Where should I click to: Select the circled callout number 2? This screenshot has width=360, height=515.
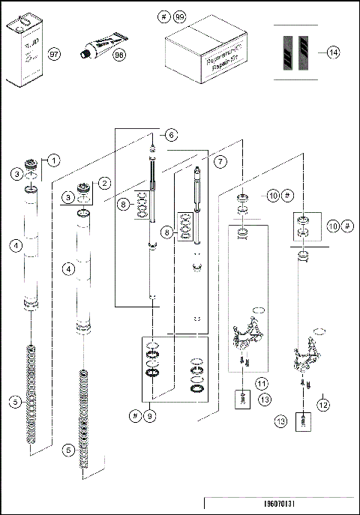point(105,182)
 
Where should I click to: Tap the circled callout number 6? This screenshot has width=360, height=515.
point(172,135)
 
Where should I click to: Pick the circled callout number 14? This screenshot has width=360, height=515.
point(333,52)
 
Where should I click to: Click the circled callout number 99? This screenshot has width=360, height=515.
point(178,17)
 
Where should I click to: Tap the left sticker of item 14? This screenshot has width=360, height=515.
point(285,52)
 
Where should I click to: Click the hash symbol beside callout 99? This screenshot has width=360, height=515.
point(164,17)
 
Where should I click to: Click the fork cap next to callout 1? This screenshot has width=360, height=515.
point(32,164)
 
